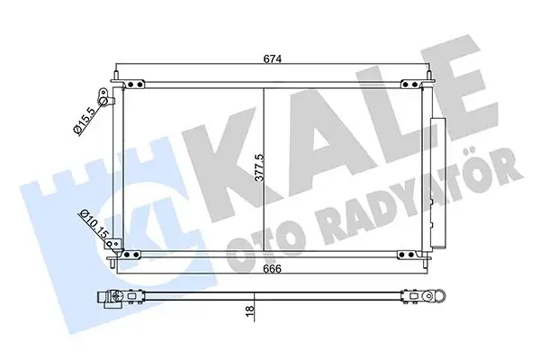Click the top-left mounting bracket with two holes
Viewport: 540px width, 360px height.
[135, 85]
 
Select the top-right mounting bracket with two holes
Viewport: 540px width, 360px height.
[409, 85]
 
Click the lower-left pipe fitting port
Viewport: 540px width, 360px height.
[108, 240]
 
